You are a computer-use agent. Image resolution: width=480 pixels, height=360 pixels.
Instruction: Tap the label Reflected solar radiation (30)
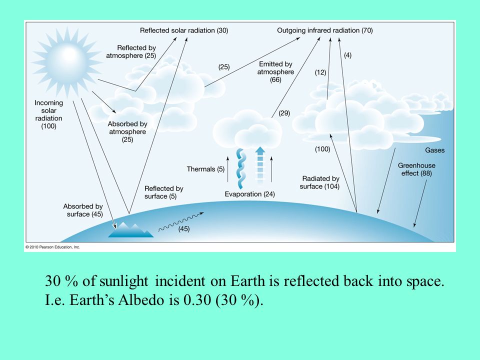tap(184, 30)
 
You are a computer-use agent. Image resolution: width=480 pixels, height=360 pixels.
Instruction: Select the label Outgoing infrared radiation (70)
tap(325, 30)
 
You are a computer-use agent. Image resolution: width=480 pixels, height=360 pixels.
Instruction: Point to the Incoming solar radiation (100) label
tap(48, 114)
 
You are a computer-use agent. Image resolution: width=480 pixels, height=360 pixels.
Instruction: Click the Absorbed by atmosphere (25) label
tap(127, 131)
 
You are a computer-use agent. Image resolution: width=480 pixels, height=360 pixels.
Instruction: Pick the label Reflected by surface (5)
tap(164, 192)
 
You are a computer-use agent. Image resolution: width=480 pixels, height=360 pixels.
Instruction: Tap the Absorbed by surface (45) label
tap(83, 210)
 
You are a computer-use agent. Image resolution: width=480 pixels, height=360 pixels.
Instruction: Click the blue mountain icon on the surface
tap(130, 230)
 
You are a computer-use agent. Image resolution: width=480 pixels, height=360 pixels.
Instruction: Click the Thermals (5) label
tap(205, 169)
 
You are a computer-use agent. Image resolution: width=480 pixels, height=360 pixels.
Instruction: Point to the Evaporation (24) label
tap(250, 194)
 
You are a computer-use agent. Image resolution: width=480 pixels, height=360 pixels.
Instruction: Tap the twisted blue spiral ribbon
tap(241, 168)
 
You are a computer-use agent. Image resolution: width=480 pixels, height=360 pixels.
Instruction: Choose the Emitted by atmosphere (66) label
tap(275, 72)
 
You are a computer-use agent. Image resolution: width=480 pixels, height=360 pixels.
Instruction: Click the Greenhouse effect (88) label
tap(416, 169)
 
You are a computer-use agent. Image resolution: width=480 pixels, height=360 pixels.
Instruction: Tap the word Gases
tap(434, 150)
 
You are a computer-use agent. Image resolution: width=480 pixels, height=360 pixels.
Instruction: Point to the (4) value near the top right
tap(348, 55)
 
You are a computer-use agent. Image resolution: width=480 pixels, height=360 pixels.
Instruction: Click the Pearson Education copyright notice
tap(52, 247)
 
